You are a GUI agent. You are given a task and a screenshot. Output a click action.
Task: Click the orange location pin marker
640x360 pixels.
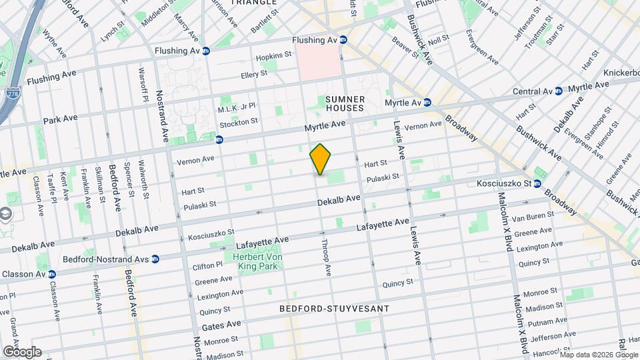[x=321, y=159]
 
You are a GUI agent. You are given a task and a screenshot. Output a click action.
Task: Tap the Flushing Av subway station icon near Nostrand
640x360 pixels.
[x=206, y=51]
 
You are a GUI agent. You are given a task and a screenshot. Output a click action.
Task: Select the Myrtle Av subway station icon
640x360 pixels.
[x=427, y=103]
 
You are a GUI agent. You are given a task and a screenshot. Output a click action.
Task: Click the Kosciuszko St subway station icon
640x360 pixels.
[x=537, y=183]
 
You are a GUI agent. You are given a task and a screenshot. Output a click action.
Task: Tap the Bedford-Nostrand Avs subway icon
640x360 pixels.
[x=155, y=259]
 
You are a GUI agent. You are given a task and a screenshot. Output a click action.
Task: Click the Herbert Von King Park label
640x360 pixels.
[x=257, y=262]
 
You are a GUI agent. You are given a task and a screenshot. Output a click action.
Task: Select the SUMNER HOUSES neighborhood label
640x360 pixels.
[x=345, y=103]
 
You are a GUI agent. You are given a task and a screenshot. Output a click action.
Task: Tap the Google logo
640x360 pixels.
[x=21, y=352]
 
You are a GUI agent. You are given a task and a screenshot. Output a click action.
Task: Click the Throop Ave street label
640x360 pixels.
[x=327, y=257]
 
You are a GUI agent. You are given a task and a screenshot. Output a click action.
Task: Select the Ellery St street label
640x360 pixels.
[x=254, y=75]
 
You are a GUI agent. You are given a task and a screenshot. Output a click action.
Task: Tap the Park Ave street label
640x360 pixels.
[x=61, y=119]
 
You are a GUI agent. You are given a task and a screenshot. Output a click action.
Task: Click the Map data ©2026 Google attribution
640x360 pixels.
[x=597, y=355]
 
